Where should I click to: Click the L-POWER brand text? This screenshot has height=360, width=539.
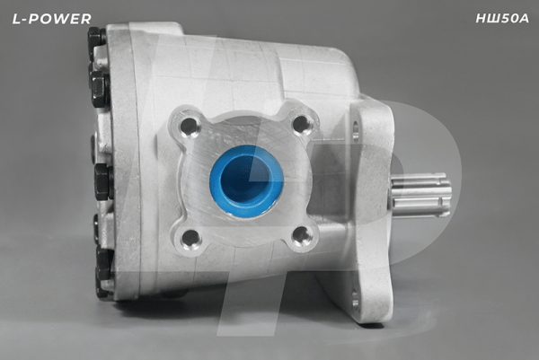(x=51, y=19)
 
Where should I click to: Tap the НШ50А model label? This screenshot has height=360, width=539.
(x=502, y=19)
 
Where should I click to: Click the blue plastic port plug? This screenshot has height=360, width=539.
(x=246, y=180)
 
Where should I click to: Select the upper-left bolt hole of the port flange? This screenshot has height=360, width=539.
(x=190, y=127)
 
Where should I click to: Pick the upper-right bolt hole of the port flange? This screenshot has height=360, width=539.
(x=303, y=124)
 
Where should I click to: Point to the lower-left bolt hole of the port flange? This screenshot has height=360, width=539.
(x=190, y=239)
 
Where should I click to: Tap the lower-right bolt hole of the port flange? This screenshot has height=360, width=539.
(x=302, y=237)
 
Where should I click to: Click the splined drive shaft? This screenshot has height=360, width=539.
(x=420, y=195)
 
